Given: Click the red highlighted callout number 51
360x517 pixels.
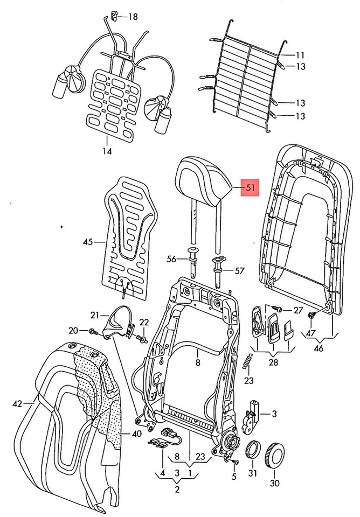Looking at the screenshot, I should (x=250, y=188).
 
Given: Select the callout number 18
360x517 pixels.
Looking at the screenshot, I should (x=132, y=17).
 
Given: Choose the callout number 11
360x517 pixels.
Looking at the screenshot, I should (x=300, y=55).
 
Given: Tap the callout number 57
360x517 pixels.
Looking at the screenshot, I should (x=239, y=271).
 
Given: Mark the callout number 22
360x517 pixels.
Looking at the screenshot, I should (x=144, y=322).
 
